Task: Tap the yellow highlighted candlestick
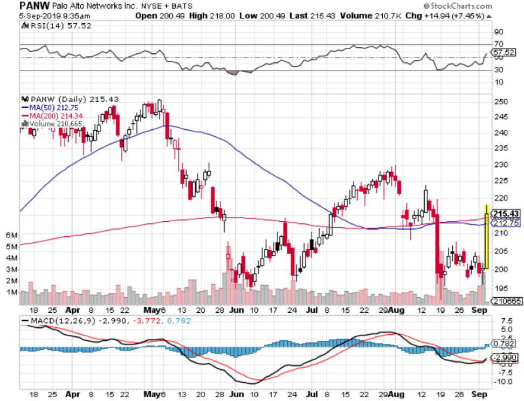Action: pyautogui.click(x=487, y=237)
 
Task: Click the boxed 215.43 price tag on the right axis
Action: pyautogui.click(x=504, y=214)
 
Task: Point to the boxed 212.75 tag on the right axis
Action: pyautogui.click(x=504, y=223)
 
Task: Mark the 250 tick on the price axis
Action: pyautogui.click(x=501, y=102)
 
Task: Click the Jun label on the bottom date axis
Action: pyautogui.click(x=236, y=311)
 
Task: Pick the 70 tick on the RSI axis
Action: pyautogui.click(x=498, y=44)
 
